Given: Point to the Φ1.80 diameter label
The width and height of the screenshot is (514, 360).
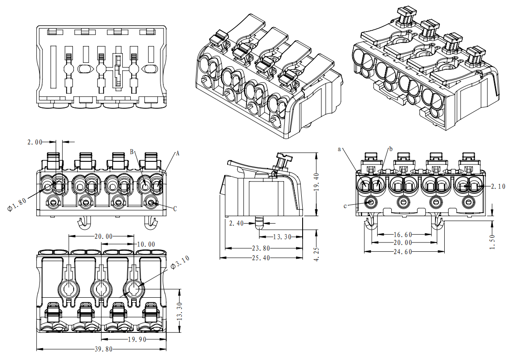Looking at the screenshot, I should pos(17,203).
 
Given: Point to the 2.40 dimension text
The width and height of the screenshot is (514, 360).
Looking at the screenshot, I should pos(237,223).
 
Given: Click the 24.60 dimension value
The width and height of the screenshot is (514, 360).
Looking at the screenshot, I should pos(403,252).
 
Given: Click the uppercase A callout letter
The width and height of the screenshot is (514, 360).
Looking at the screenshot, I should pos(178,153).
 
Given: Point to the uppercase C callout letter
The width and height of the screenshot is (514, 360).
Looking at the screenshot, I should pos(175,209).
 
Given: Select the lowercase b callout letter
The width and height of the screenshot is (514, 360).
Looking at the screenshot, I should pos(391,149).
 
